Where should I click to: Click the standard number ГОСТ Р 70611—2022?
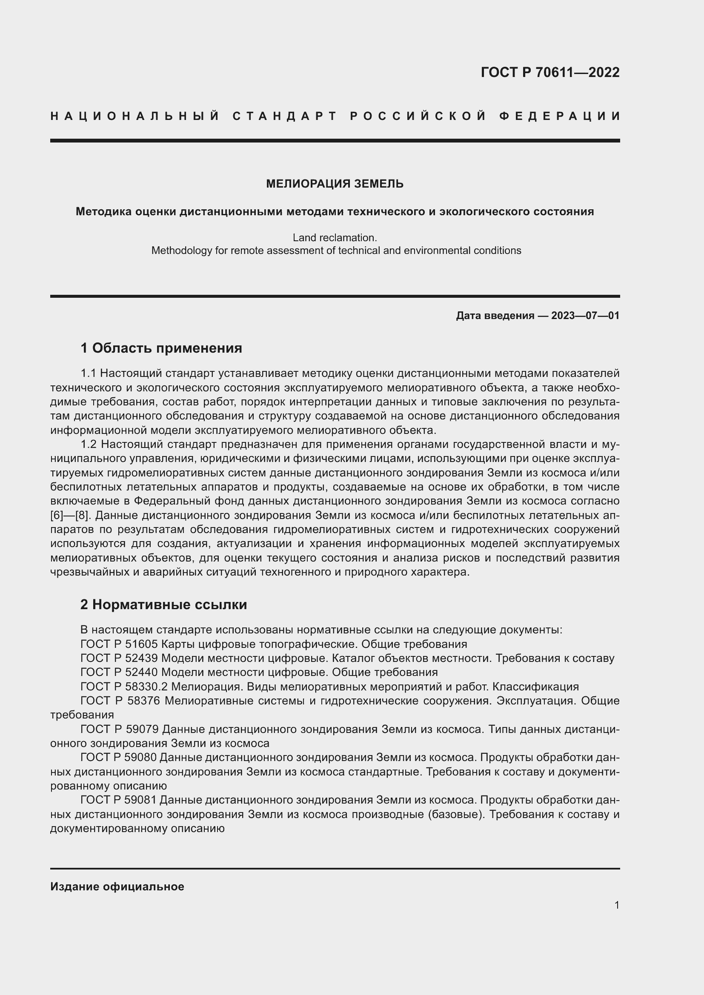coord(550,72)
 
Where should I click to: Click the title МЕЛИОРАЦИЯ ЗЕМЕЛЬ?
coord(335,184)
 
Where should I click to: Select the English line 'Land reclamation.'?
coord(335,237)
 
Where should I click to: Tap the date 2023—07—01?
coord(585,316)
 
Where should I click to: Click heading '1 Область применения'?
coord(161,348)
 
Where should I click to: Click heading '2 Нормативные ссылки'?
coord(163,604)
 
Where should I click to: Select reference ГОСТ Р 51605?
coord(119,644)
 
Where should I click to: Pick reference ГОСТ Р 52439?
coord(119,658)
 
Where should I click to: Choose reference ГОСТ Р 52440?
coord(119,673)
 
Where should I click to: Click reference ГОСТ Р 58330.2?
coord(124,687)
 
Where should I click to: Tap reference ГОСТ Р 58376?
coord(120,701)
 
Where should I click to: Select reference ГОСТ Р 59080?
coord(119,758)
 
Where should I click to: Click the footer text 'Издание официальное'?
coord(117,887)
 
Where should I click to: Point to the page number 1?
coord(617,905)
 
